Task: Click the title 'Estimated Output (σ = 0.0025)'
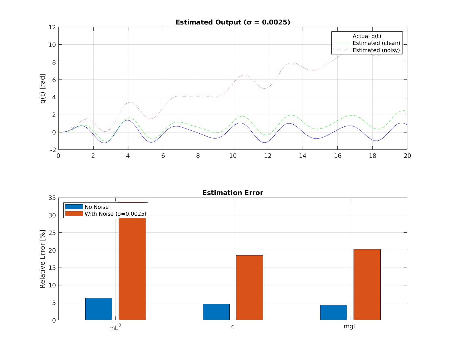[233, 22]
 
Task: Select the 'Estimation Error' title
[233, 193]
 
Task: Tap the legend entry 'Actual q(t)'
[367, 36]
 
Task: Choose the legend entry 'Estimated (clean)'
[376, 43]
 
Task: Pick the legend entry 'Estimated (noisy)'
[376, 50]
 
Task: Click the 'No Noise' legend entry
[96, 207]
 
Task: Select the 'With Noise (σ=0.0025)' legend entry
[115, 214]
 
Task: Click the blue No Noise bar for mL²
[99, 309]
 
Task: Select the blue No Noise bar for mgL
[333, 312]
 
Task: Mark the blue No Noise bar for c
[216, 312]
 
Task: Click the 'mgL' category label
[350, 327]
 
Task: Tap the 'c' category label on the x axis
[233, 327]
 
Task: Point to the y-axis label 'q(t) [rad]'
[43, 88]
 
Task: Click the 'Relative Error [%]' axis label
[43, 259]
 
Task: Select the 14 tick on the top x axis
[302, 156]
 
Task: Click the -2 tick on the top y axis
[53, 150]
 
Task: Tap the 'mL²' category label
[115, 327]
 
